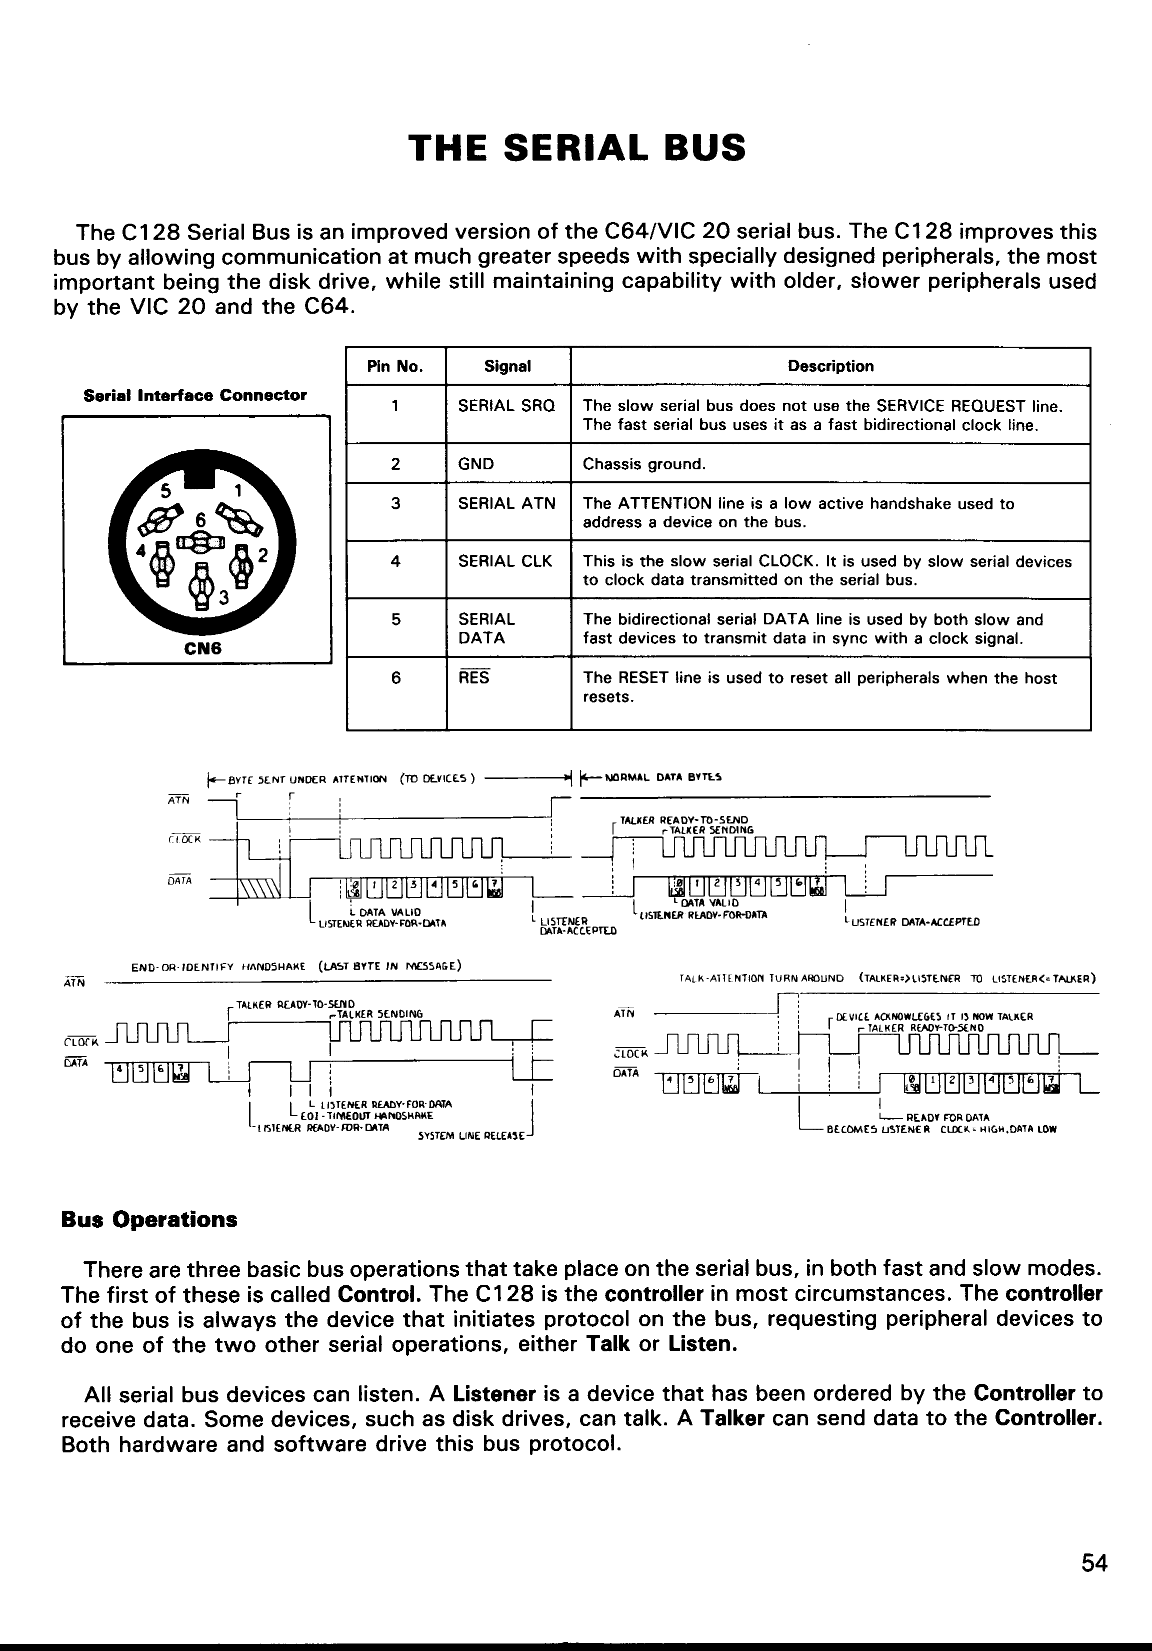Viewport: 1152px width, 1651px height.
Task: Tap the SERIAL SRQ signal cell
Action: tap(506, 406)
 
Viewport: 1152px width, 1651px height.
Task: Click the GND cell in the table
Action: tap(475, 464)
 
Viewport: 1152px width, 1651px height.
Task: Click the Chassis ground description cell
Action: tap(644, 464)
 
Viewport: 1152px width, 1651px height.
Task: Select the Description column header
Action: tap(830, 367)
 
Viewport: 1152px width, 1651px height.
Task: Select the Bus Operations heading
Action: tap(149, 1220)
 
